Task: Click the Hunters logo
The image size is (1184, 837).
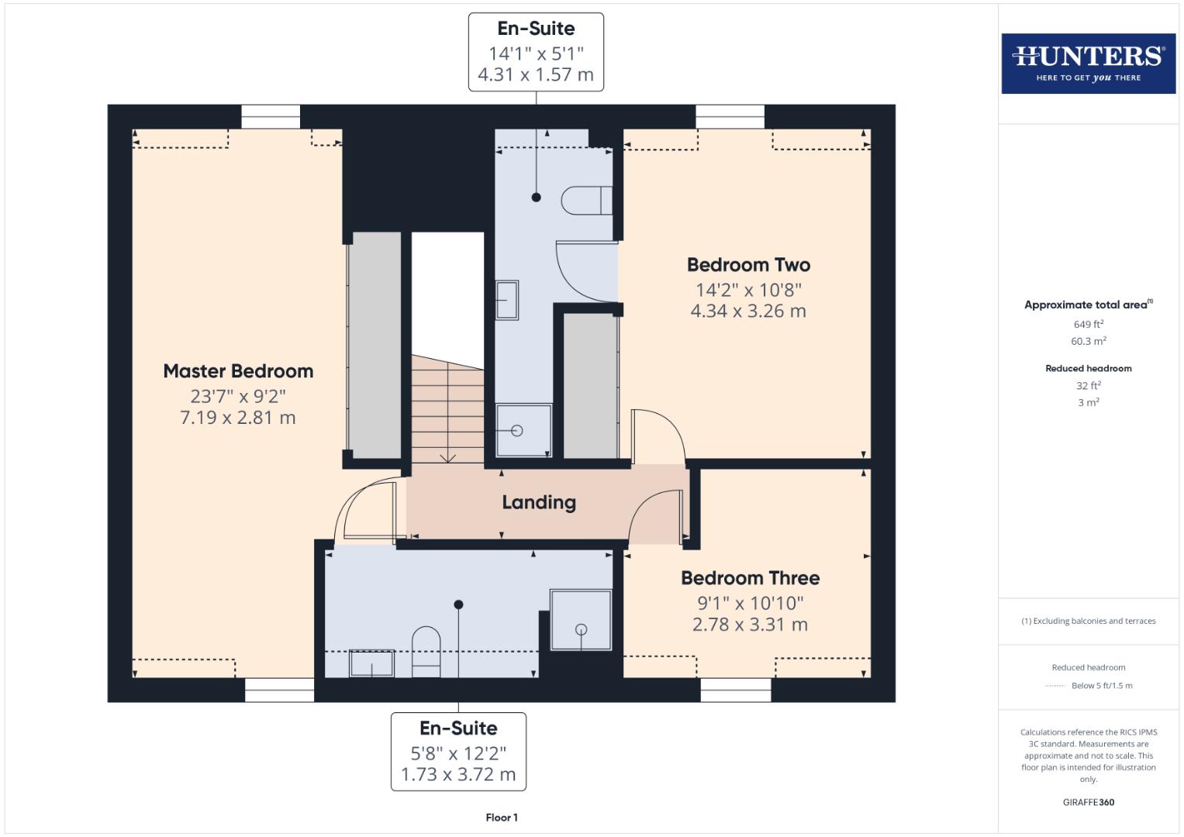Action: click(x=1088, y=64)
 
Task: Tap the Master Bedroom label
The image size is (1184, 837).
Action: click(x=238, y=371)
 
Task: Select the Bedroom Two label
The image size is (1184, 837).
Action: click(x=748, y=265)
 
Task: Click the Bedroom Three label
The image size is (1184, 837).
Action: click(x=750, y=578)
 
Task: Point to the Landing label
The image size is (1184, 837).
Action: click(x=539, y=502)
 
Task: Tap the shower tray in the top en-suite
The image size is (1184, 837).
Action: click(x=523, y=430)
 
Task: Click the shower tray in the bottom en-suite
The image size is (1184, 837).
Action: click(x=581, y=619)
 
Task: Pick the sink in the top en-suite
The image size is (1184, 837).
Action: click(x=506, y=300)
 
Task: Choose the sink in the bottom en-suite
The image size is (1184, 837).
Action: click(x=371, y=664)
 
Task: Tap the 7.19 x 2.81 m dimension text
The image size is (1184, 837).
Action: click(x=238, y=418)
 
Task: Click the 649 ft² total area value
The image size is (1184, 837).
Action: click(x=1088, y=324)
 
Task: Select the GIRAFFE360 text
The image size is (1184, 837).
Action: click(x=1088, y=802)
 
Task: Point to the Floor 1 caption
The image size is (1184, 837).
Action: click(x=502, y=818)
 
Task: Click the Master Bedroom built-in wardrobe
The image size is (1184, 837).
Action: click(x=375, y=346)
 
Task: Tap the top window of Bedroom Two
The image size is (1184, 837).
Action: click(x=730, y=117)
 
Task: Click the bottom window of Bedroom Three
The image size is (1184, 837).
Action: click(x=736, y=690)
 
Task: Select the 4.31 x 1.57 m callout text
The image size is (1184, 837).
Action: click(x=536, y=75)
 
